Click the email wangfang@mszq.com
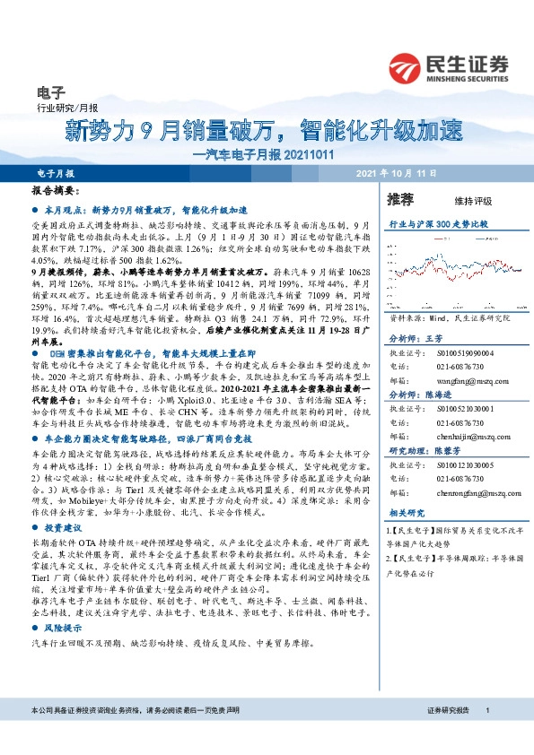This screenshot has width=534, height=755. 472,381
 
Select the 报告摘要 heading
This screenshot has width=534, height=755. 52,192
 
